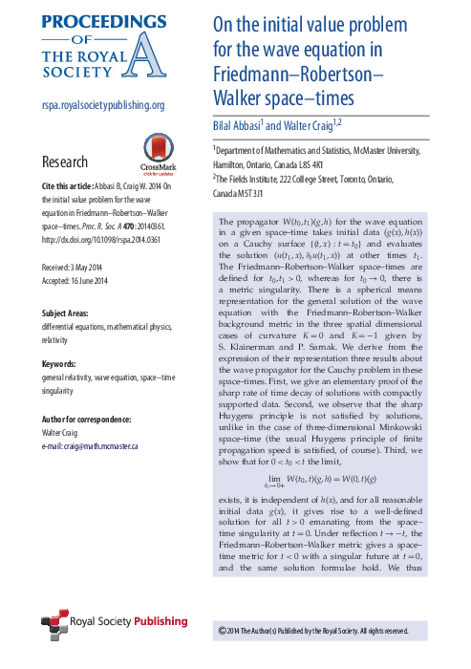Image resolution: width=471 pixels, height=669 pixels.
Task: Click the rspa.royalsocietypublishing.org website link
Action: pos(103,106)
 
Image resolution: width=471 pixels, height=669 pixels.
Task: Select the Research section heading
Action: pos(72,162)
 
